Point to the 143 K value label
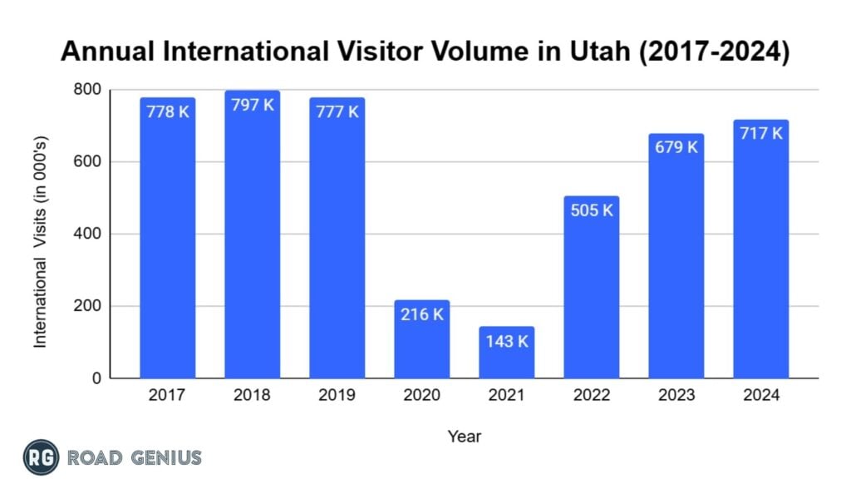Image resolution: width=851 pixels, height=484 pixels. (506, 342)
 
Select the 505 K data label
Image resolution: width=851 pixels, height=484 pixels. (591, 210)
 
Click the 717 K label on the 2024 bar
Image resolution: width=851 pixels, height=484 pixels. (760, 133)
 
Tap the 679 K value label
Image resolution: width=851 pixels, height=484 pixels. (676, 147)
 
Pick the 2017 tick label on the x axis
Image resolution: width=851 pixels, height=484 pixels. (167, 395)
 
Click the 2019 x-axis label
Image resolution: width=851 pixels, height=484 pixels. (337, 395)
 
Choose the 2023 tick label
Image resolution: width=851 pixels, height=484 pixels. (676, 395)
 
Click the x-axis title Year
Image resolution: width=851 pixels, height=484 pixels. (464, 436)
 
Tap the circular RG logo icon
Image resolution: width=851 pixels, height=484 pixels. (41, 457)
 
